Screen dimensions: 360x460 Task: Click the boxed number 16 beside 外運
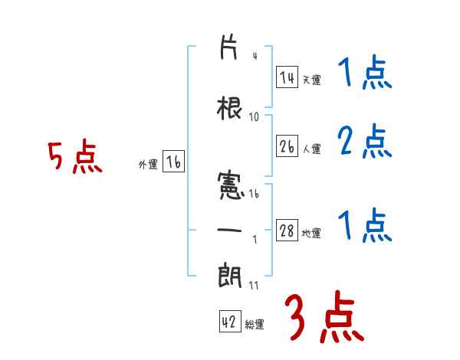[173, 162]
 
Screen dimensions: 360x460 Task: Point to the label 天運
[311, 80]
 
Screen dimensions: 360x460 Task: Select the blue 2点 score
[365, 141]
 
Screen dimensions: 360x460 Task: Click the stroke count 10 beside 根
[255, 117]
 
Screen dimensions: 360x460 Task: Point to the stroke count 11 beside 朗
[255, 286]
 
